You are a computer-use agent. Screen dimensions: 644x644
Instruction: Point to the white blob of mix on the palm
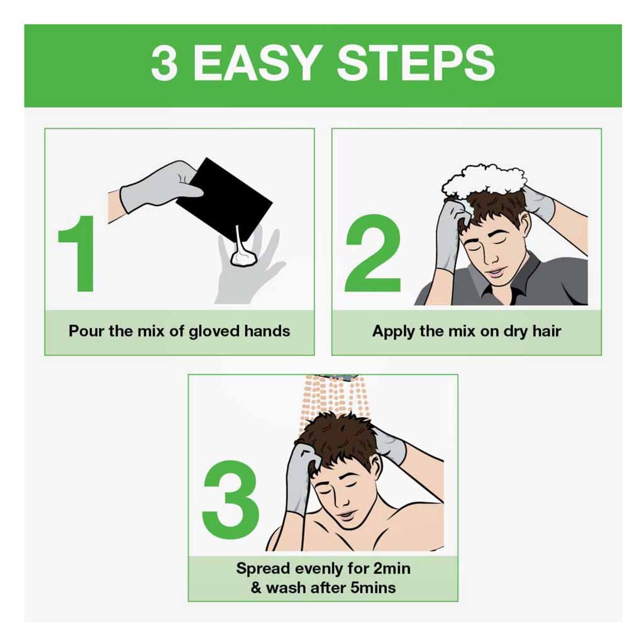[x=242, y=257]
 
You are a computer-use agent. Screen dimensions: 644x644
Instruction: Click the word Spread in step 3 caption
[x=262, y=569]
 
